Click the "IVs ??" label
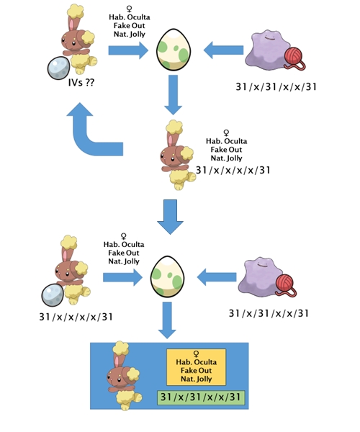click(81, 83)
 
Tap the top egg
click(174, 50)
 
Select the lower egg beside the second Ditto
click(168, 276)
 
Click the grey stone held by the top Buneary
click(58, 68)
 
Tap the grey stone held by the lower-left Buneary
click(53, 295)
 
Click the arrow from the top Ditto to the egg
click(223, 50)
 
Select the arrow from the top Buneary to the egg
click(128, 50)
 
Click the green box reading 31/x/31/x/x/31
click(201, 397)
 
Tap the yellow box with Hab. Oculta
click(196, 367)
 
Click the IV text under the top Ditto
click(276, 87)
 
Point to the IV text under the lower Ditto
click(269, 313)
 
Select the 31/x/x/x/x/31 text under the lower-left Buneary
click(76, 317)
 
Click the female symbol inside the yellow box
click(196, 354)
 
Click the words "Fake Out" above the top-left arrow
click(130, 26)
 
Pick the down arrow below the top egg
click(173, 95)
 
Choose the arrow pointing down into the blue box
click(167, 320)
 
